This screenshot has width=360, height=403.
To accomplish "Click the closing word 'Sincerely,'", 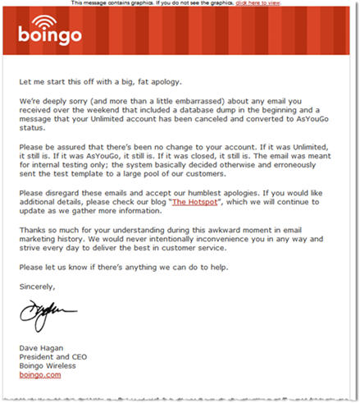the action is (37, 286).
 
